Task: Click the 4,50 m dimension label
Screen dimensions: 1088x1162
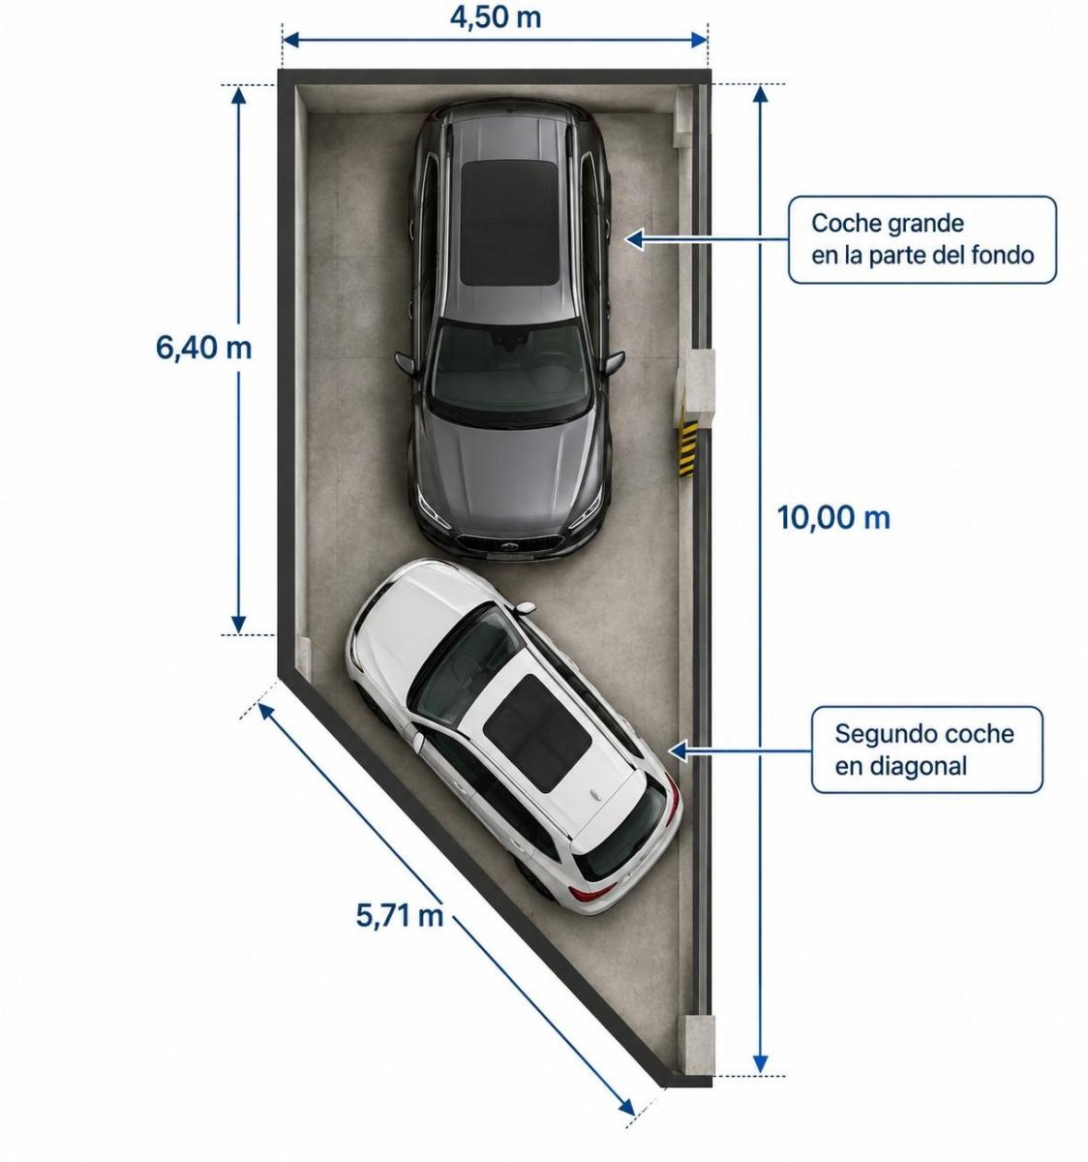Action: [x=496, y=17]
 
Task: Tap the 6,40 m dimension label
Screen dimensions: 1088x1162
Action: [x=203, y=348]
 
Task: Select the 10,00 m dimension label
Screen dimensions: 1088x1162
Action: [x=833, y=518]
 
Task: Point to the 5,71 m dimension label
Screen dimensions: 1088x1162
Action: [x=400, y=915]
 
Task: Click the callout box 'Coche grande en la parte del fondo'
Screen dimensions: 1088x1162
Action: [x=922, y=240]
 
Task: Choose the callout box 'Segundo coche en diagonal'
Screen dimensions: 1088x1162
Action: [x=926, y=750]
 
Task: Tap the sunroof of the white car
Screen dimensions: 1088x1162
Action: [x=538, y=733]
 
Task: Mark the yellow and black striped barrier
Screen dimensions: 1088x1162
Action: [x=688, y=447]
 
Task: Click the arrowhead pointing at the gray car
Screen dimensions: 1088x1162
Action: [x=634, y=239]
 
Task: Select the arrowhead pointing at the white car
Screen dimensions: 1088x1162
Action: [x=678, y=750]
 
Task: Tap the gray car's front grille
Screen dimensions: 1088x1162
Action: [x=509, y=544]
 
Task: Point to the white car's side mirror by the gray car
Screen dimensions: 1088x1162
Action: [x=525, y=607]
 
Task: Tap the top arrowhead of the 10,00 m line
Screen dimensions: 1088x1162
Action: [x=760, y=94]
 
